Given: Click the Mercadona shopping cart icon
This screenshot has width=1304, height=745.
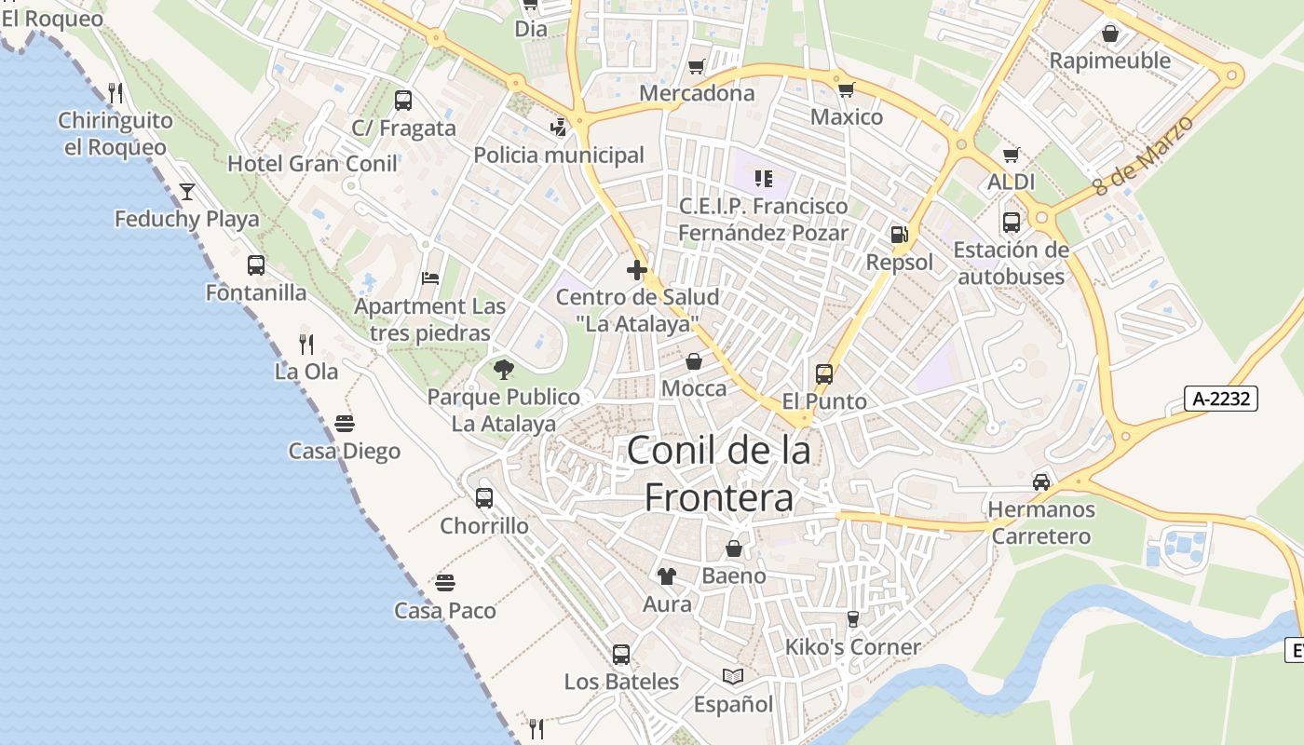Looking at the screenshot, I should pyautogui.click(x=696, y=66).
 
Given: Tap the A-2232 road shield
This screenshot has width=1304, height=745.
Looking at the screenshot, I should pyautogui.click(x=1221, y=399).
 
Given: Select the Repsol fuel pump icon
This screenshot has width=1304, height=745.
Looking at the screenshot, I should pyautogui.click(x=899, y=235).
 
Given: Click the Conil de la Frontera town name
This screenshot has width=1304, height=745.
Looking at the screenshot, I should pyautogui.click(x=719, y=474).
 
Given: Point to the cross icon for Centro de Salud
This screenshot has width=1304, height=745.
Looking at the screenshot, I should pyautogui.click(x=637, y=270).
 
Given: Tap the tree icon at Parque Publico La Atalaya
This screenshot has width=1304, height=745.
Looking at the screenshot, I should pyautogui.click(x=504, y=370).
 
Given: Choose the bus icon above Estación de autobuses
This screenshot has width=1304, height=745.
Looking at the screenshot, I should pyautogui.click(x=1012, y=223).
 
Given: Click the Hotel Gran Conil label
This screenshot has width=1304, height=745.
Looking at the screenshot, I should pyautogui.click(x=313, y=163).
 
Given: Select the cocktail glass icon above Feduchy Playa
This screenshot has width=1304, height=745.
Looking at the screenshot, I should pyautogui.click(x=187, y=192).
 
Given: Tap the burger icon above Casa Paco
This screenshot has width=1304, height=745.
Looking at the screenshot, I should pyautogui.click(x=445, y=584).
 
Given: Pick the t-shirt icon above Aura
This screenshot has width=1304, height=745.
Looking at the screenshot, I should pyautogui.click(x=667, y=576).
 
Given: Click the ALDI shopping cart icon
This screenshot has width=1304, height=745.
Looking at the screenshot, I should pyautogui.click(x=1012, y=155).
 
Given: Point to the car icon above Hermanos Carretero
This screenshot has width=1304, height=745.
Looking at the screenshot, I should pyautogui.click(x=1041, y=482).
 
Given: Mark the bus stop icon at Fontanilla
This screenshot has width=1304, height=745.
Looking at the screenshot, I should pyautogui.click(x=256, y=265).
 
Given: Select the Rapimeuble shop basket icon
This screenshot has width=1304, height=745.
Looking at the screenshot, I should pyautogui.click(x=1110, y=34).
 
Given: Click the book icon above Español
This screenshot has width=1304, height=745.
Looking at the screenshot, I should pyautogui.click(x=733, y=676).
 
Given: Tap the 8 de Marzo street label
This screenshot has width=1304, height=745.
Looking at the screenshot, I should pyautogui.click(x=1143, y=155).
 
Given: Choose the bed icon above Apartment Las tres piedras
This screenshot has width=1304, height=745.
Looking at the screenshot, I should pyautogui.click(x=430, y=278).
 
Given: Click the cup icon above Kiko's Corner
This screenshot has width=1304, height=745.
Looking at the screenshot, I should pyautogui.click(x=852, y=619).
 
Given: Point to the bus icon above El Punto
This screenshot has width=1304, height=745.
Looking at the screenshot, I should pyautogui.click(x=824, y=374).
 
